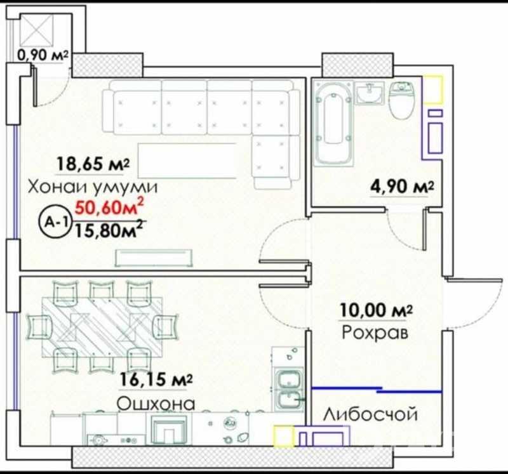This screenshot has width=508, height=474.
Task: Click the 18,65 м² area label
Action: click(93, 164)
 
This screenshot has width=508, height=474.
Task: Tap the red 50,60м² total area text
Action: click(109, 207)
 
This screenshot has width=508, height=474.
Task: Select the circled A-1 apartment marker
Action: click(55, 222)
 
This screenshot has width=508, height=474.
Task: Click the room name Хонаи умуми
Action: click(93, 187)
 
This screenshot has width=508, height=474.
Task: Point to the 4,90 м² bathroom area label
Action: click(402, 187)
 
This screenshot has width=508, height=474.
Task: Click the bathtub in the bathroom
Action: click(333, 123)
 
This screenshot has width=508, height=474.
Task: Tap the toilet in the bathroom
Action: click(402, 100)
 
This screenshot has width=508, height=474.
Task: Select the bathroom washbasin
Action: click(370, 93)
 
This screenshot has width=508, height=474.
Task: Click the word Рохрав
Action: click(375, 333)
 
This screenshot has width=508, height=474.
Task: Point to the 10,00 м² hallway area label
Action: click(376, 310)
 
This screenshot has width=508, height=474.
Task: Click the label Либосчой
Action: click(370, 414)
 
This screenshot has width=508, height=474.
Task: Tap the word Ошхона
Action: click(156, 404)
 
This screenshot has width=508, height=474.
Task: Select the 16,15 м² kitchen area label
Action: click(156, 379)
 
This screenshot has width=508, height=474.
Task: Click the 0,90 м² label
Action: click(43, 55)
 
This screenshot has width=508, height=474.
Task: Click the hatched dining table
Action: click(102, 327)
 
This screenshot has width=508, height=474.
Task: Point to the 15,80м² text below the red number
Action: click(109, 230)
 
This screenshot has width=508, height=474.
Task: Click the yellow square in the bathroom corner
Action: click(433, 89)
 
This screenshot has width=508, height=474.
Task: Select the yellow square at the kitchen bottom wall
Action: click(284, 437)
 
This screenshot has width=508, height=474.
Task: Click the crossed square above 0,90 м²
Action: click(36, 30)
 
